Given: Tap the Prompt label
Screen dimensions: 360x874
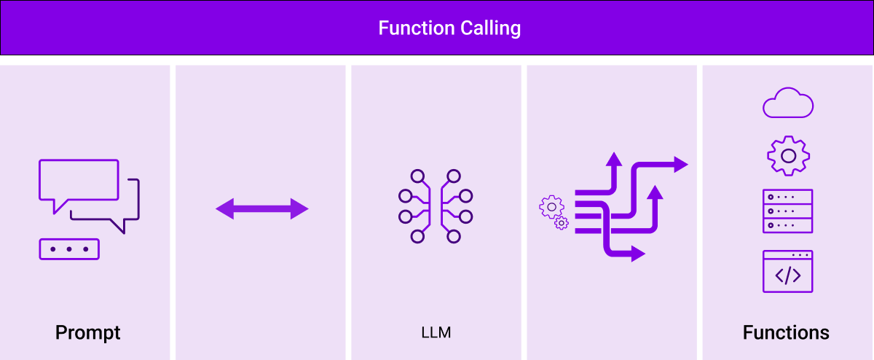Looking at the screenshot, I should pyautogui.click(x=87, y=333).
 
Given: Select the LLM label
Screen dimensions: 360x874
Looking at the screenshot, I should pyautogui.click(x=436, y=333).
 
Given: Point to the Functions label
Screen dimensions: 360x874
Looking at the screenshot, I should pyautogui.click(x=786, y=333).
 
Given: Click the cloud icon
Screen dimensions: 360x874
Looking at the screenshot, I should pyautogui.click(x=787, y=102).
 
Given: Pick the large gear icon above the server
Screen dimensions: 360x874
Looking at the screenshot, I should pyautogui.click(x=788, y=155).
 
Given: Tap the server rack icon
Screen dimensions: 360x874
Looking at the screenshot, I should pyautogui.click(x=787, y=211).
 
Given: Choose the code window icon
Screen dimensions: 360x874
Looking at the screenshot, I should pyautogui.click(x=787, y=271).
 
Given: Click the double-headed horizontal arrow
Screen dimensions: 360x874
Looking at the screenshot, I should pyautogui.click(x=262, y=209).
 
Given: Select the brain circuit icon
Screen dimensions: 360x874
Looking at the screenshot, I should pyautogui.click(x=436, y=206).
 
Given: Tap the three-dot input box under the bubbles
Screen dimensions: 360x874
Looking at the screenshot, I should pyautogui.click(x=69, y=249).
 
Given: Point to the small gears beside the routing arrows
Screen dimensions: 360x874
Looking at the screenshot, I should pyautogui.click(x=554, y=212).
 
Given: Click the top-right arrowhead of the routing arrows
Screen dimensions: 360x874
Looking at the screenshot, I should pyautogui.click(x=680, y=164).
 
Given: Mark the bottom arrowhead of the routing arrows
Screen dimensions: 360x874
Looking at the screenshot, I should pyautogui.click(x=637, y=254).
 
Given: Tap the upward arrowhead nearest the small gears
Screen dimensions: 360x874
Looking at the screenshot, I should pyautogui.click(x=614, y=160).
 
